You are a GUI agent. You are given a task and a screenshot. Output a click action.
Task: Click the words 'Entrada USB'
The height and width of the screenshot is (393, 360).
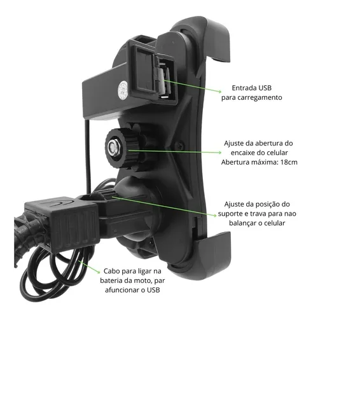[x=251, y=88]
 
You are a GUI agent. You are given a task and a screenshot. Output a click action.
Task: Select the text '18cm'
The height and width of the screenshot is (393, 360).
[x=289, y=162]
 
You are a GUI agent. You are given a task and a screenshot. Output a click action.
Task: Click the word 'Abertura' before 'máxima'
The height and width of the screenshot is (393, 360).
[x=235, y=162]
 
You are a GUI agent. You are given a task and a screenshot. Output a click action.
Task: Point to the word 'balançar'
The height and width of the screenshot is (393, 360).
[x=243, y=223]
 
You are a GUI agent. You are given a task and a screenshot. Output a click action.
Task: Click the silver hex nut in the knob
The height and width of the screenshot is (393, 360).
[x=112, y=147]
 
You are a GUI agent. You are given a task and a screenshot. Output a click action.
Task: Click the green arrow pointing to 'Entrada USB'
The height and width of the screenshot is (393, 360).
[x=193, y=86]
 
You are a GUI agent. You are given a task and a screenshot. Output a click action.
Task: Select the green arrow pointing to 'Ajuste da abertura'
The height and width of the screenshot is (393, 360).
[x=175, y=151]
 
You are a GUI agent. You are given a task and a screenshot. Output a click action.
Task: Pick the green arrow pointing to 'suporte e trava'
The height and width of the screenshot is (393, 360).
[x=164, y=206]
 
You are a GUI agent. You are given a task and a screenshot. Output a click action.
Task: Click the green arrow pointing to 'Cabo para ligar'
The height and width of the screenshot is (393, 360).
[x=90, y=266]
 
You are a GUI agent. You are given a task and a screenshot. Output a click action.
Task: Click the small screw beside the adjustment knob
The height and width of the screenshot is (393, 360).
[x=180, y=144]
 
